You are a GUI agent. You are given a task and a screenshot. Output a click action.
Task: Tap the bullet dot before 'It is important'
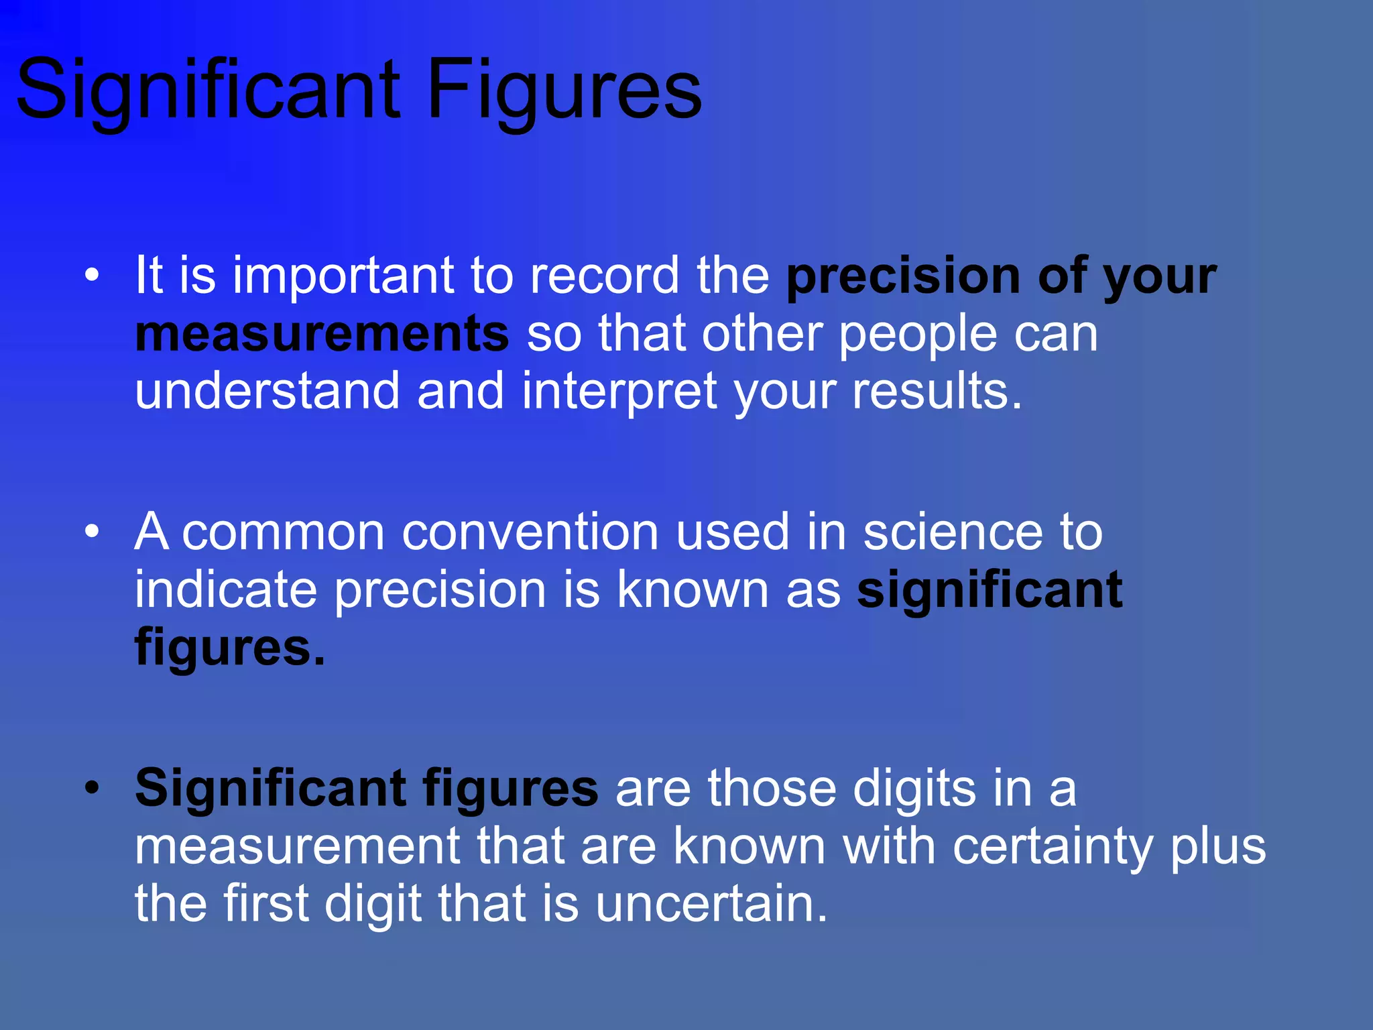[92, 275]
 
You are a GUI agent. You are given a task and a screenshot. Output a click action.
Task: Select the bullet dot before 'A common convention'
[92, 532]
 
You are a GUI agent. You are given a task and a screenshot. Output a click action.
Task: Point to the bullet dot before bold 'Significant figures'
[92, 788]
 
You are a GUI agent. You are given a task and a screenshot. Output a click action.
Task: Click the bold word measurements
[322, 334]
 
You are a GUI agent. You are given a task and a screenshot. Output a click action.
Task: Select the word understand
[267, 391]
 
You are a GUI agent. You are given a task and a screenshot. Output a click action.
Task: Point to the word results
[937, 391]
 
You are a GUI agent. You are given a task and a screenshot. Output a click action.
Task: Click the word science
[953, 532]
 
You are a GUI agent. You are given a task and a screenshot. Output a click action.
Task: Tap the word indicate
[225, 589]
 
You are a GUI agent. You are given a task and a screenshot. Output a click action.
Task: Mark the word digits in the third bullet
[914, 789]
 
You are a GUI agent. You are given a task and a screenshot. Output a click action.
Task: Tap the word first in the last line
[265, 904]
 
